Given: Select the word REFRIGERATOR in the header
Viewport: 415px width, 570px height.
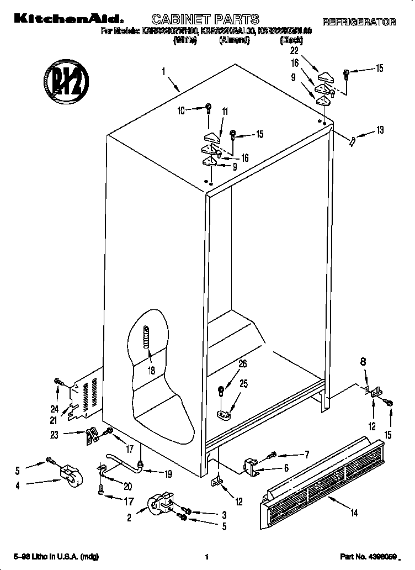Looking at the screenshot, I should click(359, 22).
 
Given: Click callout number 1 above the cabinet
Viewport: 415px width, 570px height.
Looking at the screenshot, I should click(164, 71).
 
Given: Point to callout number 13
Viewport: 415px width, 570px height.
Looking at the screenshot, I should click(380, 130).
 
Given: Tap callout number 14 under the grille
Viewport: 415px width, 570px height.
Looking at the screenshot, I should click(354, 513).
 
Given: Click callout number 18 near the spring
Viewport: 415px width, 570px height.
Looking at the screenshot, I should click(151, 371).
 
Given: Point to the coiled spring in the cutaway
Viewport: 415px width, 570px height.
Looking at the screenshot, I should click(146, 337).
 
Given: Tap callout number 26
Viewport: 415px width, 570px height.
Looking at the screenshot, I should click(242, 363).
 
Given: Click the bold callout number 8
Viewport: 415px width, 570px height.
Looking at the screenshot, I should click(363, 363).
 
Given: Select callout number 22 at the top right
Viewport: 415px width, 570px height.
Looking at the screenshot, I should click(294, 50).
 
